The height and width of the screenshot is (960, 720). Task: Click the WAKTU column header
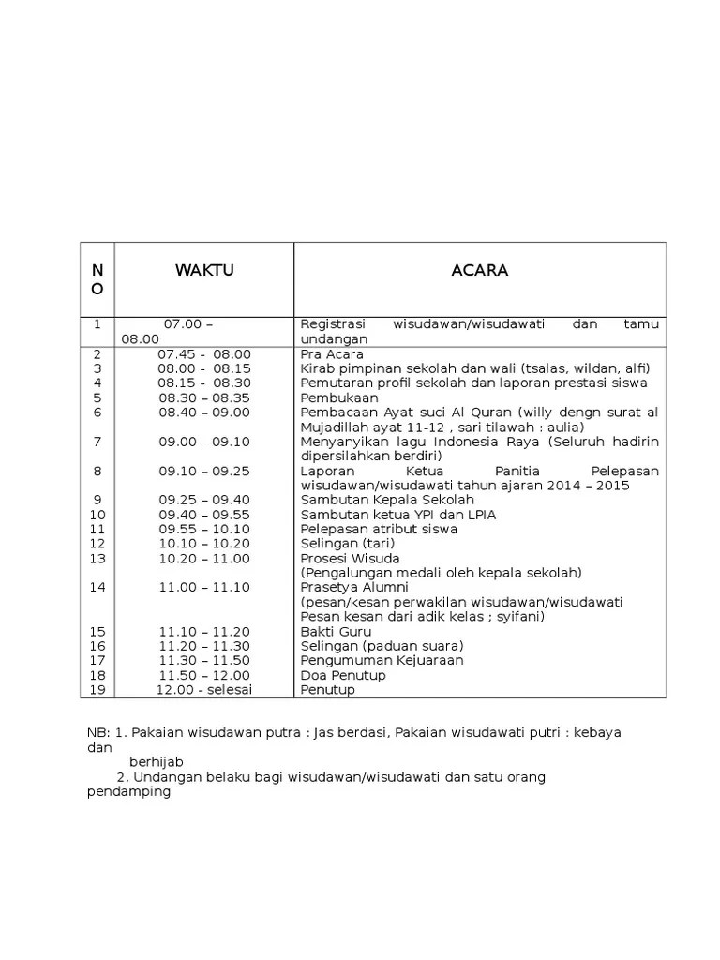coord(204,271)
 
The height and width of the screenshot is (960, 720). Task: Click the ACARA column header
coord(479,271)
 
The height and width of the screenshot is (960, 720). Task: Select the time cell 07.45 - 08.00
coord(204,354)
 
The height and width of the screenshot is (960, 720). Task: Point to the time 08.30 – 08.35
coord(204,397)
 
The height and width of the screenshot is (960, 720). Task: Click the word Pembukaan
coord(333,397)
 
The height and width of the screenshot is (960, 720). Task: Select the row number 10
coord(97,515)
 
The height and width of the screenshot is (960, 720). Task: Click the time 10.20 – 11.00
coord(204,559)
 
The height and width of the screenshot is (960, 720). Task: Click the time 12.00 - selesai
coord(204,690)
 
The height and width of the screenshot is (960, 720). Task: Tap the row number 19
coord(97,690)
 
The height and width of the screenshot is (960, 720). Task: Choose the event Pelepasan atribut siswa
coord(379,530)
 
